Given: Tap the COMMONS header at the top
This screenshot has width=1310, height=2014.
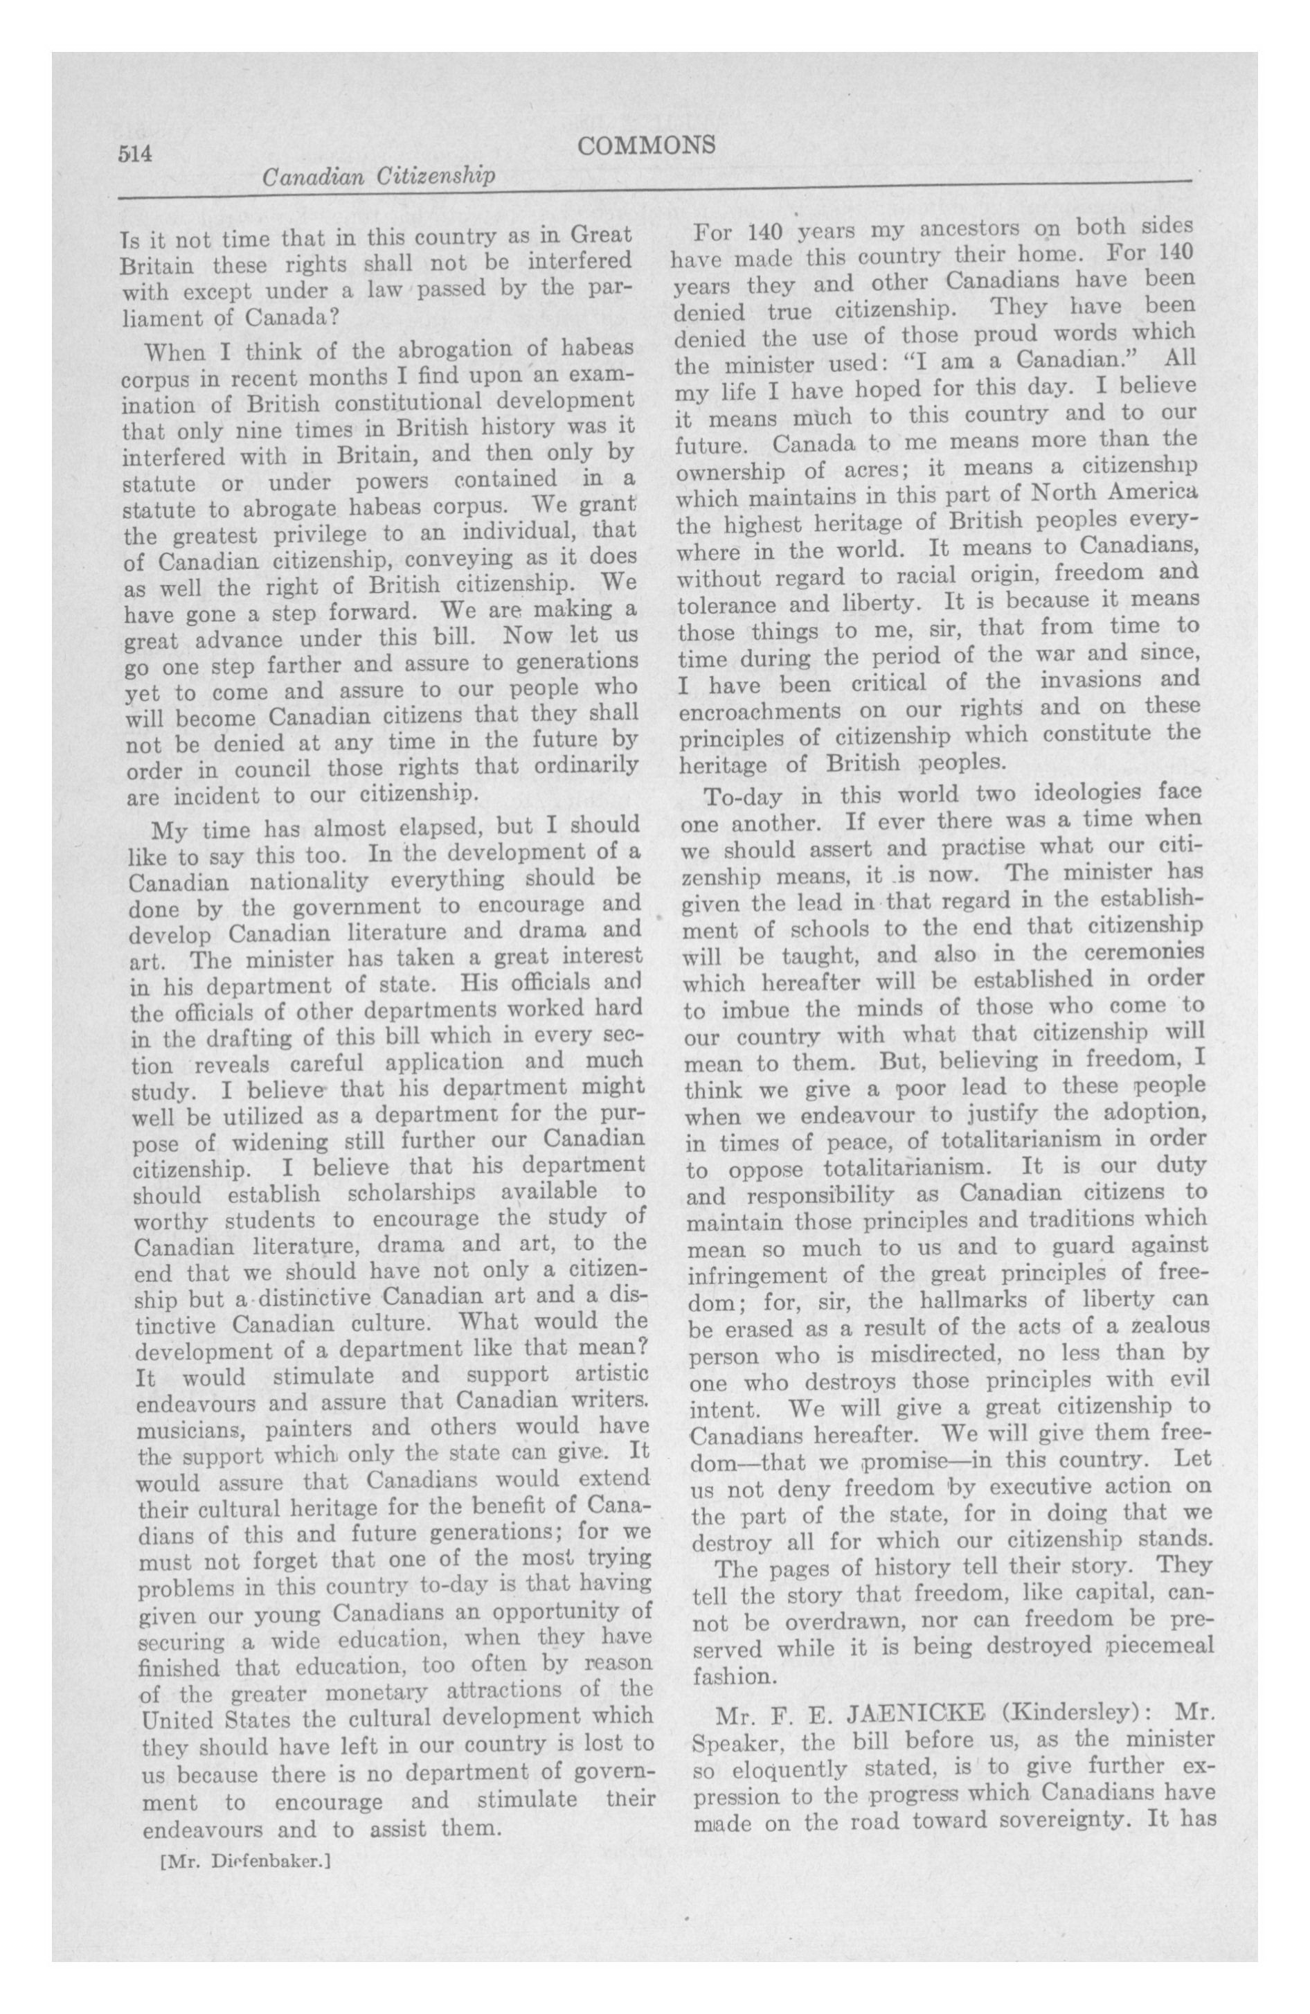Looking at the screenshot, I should tap(647, 146).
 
